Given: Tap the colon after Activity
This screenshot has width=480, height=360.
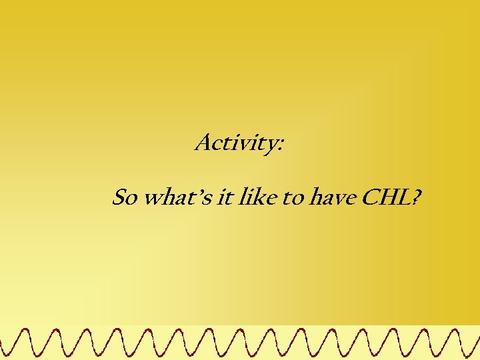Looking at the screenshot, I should [x=281, y=145].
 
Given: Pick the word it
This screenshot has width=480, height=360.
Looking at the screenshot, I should [x=224, y=197].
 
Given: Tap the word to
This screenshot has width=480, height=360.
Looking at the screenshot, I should [x=293, y=198].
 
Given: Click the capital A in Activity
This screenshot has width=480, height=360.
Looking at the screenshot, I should [x=203, y=142].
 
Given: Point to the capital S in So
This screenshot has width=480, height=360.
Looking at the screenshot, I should [x=119, y=197].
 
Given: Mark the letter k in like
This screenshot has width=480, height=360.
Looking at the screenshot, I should [x=255, y=197].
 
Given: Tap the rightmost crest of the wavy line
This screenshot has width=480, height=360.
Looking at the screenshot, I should [x=473, y=330].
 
